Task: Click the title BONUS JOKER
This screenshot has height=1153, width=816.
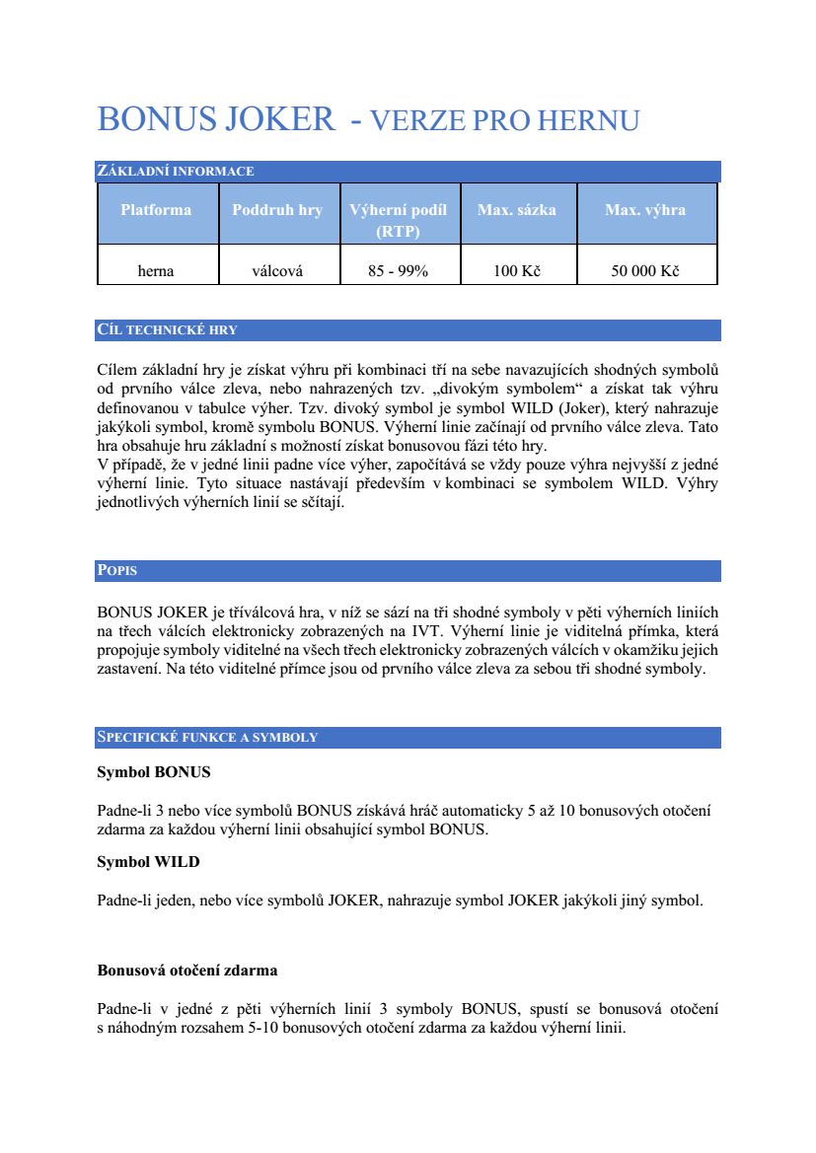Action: (x=216, y=120)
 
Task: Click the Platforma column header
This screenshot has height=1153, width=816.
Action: (x=156, y=210)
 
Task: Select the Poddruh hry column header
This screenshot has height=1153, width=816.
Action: (x=277, y=210)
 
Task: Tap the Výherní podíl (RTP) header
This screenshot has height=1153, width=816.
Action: (x=398, y=220)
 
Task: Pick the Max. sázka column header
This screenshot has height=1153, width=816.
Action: (x=516, y=210)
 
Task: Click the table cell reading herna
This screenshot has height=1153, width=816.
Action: (x=156, y=271)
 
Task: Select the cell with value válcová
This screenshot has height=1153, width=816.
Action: (x=277, y=271)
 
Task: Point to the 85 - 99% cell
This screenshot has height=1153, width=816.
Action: (x=398, y=271)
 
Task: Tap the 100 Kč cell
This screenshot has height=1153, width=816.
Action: (x=516, y=271)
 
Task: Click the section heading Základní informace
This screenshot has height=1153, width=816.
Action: (x=176, y=172)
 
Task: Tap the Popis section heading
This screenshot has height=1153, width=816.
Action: (x=117, y=571)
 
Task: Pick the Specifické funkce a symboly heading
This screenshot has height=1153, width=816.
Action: (x=207, y=738)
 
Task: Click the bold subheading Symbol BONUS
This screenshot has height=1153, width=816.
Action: (x=153, y=771)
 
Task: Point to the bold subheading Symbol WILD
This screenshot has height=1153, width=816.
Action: (x=148, y=862)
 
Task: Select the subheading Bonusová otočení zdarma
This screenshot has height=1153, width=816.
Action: (x=186, y=971)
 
